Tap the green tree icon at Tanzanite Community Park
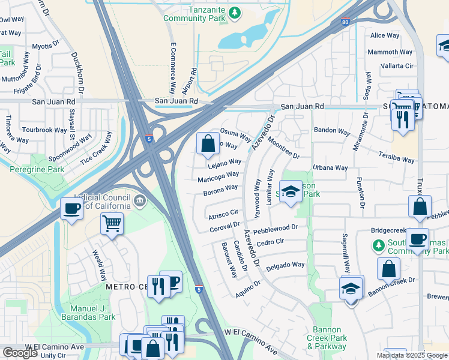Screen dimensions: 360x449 (x=237, y=12)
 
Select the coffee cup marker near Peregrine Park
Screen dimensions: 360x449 (x=71, y=209)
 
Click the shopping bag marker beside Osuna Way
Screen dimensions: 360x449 (x=208, y=143)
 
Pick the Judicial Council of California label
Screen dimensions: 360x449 (x=102, y=201)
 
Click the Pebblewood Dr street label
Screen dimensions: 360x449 (x=276, y=228)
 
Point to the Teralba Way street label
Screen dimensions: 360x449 (x=396, y=157)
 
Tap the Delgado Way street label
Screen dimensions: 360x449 (x=285, y=265)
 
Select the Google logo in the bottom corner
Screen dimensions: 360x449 (x=20, y=353)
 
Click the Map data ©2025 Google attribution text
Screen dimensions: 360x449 (x=412, y=355)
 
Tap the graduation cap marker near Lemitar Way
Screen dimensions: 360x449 (x=291, y=192)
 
